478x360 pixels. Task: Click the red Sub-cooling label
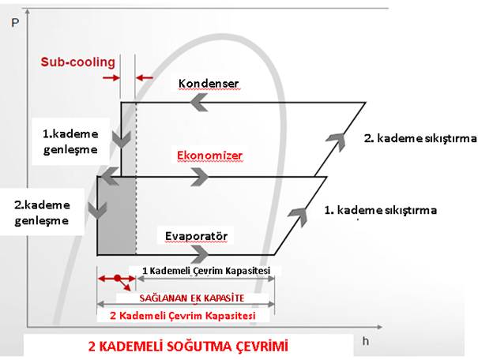(x=78, y=62)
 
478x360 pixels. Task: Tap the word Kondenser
(x=209, y=84)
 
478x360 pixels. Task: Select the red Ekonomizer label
(x=209, y=156)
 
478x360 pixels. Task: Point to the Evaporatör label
(x=196, y=236)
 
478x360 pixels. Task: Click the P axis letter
(x=15, y=23)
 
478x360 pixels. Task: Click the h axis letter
(x=366, y=341)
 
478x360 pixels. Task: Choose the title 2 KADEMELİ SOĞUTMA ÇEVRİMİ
(x=188, y=347)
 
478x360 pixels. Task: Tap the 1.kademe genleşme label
(x=70, y=141)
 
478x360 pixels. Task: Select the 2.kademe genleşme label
(x=42, y=212)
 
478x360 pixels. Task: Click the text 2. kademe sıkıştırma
(x=420, y=139)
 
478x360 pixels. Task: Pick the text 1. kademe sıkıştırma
(x=380, y=210)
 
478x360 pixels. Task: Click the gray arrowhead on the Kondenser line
(x=199, y=103)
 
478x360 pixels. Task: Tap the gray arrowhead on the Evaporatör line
(x=200, y=254)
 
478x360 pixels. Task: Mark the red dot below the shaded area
(x=118, y=278)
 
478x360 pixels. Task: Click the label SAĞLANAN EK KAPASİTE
(x=192, y=298)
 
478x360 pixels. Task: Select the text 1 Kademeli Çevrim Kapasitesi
(x=206, y=271)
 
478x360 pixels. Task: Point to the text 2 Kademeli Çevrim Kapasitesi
(x=183, y=316)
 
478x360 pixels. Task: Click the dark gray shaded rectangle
(x=116, y=216)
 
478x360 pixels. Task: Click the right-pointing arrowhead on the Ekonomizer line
(x=200, y=177)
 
